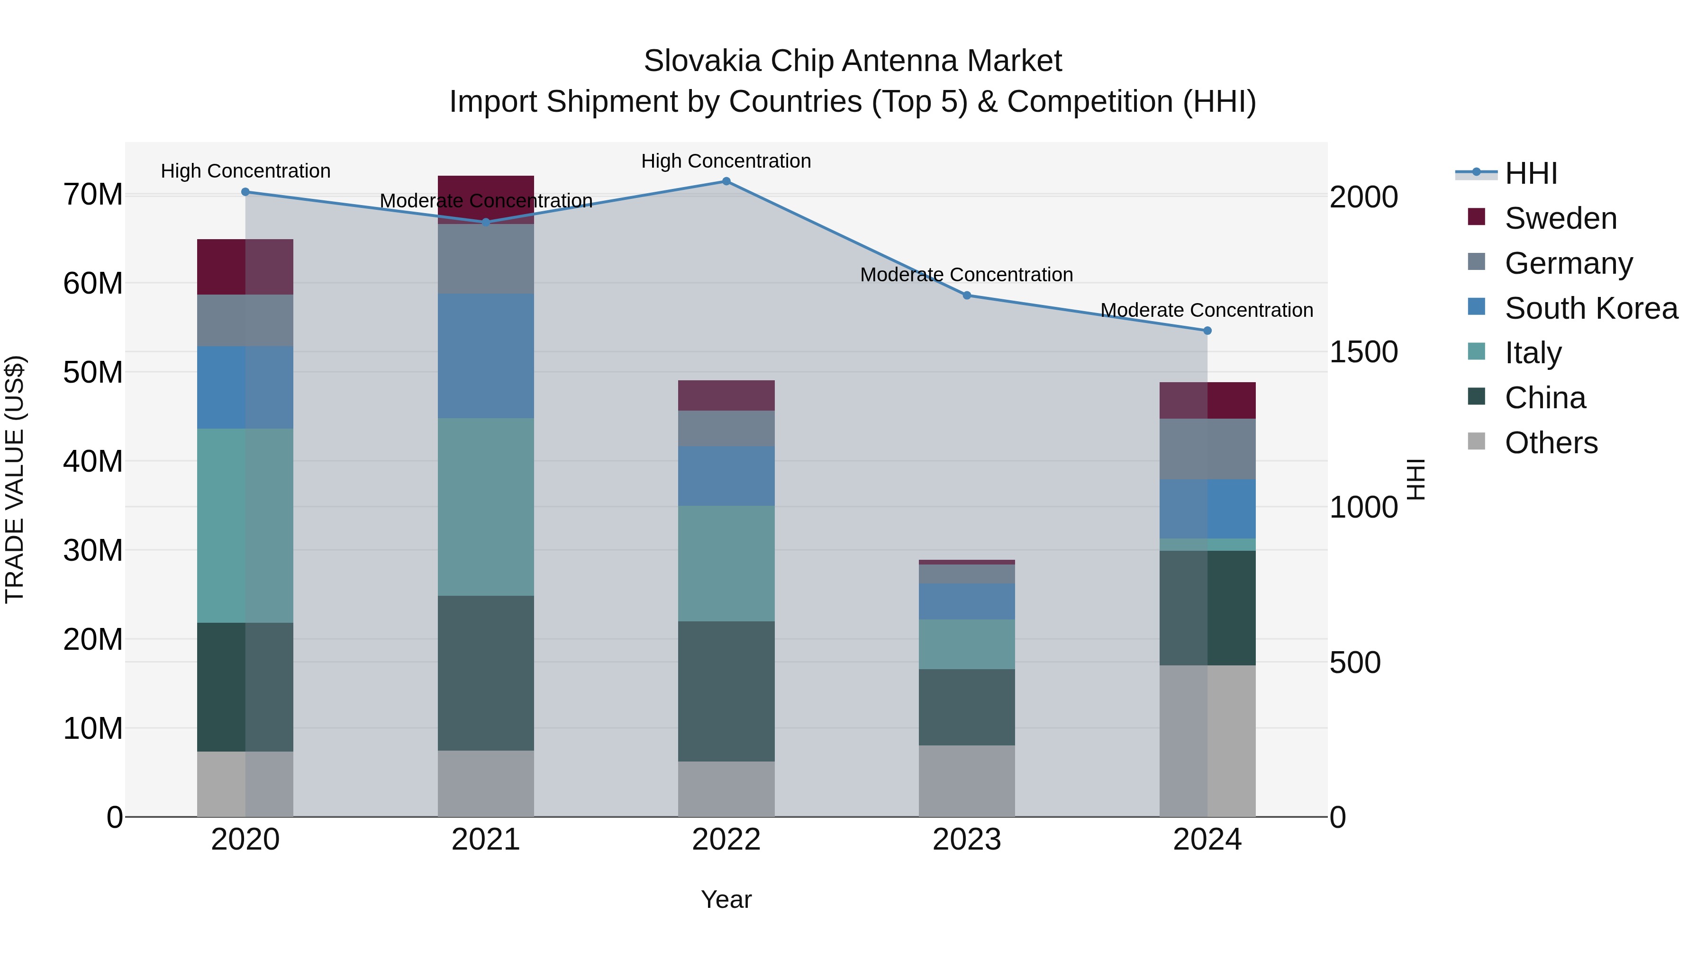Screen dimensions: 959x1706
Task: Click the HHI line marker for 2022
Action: pos(726,181)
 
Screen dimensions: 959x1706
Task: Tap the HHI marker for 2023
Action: pos(966,295)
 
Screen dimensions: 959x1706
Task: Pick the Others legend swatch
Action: pos(1476,441)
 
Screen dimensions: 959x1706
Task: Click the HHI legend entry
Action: pos(1531,173)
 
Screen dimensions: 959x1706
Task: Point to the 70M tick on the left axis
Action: pos(93,195)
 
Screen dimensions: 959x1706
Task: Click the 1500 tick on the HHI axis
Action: pos(1363,352)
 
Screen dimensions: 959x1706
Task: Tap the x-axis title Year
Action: pos(726,899)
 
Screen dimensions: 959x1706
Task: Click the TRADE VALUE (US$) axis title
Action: pos(15,479)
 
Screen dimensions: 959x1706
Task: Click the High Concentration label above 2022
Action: pos(726,161)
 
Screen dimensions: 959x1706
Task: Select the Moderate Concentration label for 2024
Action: pos(1206,310)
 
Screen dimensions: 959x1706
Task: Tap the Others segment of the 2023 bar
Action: pos(966,780)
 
